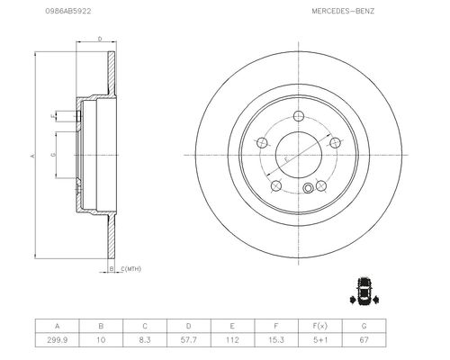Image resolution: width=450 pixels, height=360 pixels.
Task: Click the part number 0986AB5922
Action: coord(68,11)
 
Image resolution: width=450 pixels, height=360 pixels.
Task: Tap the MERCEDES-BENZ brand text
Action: coord(343,11)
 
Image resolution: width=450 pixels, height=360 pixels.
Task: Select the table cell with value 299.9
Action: coord(57,340)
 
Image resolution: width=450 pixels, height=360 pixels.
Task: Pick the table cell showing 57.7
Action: coord(189,340)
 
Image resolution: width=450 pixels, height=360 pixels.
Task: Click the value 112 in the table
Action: coord(232,340)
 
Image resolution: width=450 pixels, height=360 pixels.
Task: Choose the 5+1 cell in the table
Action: coord(320,340)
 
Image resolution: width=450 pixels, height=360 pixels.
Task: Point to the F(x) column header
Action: coord(320,326)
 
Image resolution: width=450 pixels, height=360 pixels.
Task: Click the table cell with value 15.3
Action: coord(276,340)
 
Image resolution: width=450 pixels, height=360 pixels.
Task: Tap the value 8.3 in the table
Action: coord(145,340)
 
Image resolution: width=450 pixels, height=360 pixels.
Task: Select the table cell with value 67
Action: coord(364,340)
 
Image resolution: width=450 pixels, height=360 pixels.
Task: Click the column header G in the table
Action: coord(364,326)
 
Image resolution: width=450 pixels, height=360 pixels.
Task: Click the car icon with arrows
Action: coord(364,291)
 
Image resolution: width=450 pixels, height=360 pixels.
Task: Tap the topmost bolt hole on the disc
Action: coord(299,116)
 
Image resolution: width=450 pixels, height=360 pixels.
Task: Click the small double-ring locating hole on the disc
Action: coord(308,188)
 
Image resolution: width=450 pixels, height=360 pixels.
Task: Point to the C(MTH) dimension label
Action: coord(130,269)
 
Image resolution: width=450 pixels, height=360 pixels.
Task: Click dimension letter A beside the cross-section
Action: coord(32,156)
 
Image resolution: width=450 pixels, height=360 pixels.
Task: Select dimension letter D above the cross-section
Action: coord(100,39)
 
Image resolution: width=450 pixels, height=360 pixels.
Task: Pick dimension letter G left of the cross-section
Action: coord(53,155)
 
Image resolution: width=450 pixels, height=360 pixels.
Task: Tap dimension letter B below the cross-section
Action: coord(112,269)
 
